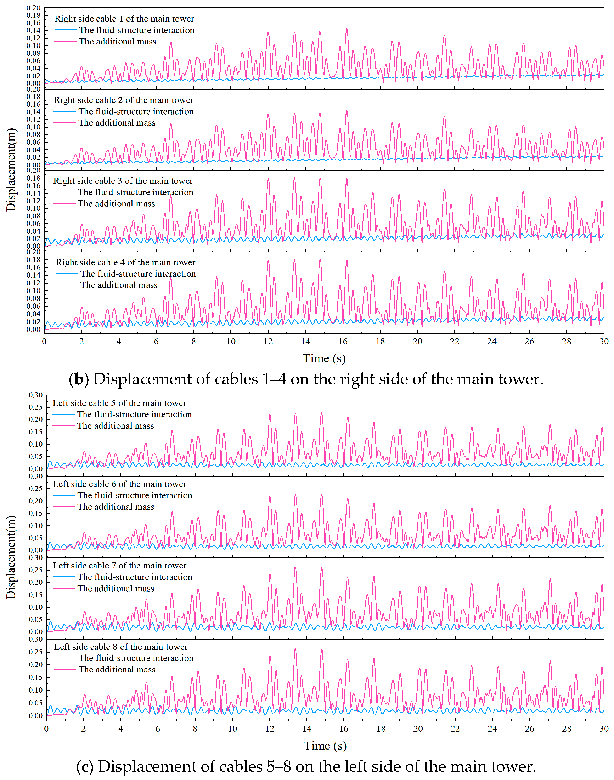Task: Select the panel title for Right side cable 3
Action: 123,181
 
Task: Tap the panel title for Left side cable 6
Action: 120,484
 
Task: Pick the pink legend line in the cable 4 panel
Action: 67,285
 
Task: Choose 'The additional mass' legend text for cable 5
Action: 115,426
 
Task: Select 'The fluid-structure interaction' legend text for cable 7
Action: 135,577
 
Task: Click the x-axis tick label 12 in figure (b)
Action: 268,341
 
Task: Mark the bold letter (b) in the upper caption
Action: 79,379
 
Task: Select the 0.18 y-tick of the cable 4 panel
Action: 33,260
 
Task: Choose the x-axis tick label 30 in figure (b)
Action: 604,341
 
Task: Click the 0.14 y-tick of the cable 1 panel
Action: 33,30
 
